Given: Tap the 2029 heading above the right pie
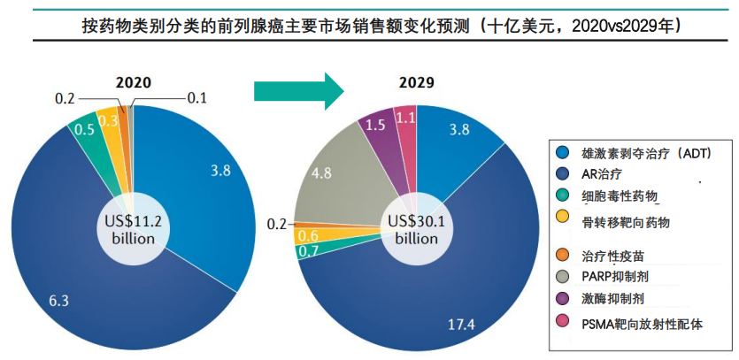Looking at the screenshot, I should [x=416, y=84].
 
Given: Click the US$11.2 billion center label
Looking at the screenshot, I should [x=132, y=230].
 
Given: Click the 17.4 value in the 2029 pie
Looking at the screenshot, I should [x=462, y=324].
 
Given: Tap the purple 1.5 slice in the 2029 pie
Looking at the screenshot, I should [x=376, y=126].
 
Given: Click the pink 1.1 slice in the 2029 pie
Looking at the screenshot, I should [x=405, y=119].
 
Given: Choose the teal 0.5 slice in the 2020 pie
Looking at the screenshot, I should [x=86, y=129].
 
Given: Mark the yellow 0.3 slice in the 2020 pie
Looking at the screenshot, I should [x=109, y=121].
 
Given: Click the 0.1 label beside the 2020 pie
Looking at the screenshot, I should [x=196, y=98].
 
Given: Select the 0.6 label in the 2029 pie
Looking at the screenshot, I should [x=309, y=235].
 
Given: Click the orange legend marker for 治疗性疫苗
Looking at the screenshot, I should [x=563, y=256].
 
